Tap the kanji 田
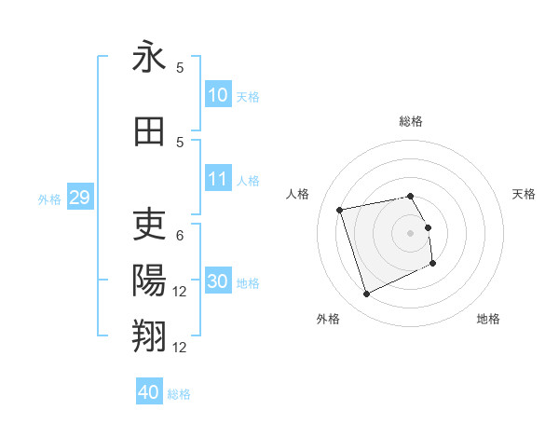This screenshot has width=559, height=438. point(149,131)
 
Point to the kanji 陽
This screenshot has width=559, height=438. point(149,280)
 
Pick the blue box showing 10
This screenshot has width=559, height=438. point(218,95)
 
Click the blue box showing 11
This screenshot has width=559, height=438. point(218,179)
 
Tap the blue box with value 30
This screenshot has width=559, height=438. point(218,281)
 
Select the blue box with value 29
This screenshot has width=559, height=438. point(78,197)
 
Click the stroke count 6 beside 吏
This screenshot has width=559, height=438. point(180,236)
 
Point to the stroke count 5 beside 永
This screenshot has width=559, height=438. point(180,68)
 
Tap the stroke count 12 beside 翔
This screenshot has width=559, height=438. point(180,348)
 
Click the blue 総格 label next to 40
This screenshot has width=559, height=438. point(179,394)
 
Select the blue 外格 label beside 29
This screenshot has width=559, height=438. point(49,198)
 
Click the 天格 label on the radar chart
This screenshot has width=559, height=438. point(524,194)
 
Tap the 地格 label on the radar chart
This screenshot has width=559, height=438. point(488,319)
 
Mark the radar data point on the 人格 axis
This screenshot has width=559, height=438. point(340,209)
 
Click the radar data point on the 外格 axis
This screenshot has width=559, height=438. point(366,294)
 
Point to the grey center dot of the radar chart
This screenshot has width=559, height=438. point(410,233)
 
